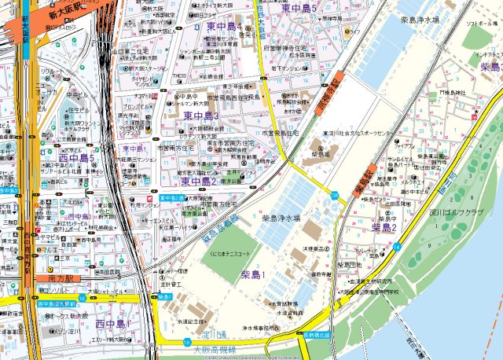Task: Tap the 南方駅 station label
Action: (59, 278)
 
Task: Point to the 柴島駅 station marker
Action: (363, 182)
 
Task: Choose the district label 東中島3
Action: (201, 116)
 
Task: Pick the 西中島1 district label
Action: (111, 324)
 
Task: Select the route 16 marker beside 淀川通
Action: (186, 342)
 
